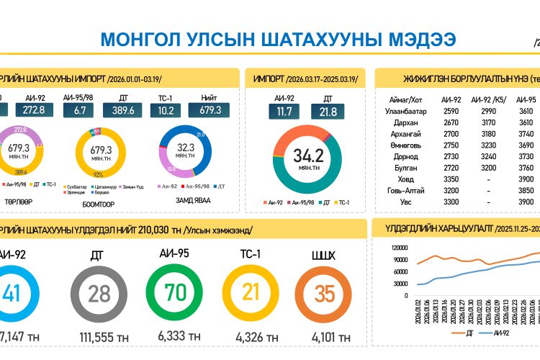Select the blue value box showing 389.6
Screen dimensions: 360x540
(x=123, y=110)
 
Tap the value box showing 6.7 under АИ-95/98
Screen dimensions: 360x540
(x=79, y=110)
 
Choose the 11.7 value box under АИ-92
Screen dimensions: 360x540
(x=284, y=112)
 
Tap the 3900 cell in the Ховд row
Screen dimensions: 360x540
(x=526, y=179)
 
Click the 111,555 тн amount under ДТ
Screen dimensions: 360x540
(x=104, y=337)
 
